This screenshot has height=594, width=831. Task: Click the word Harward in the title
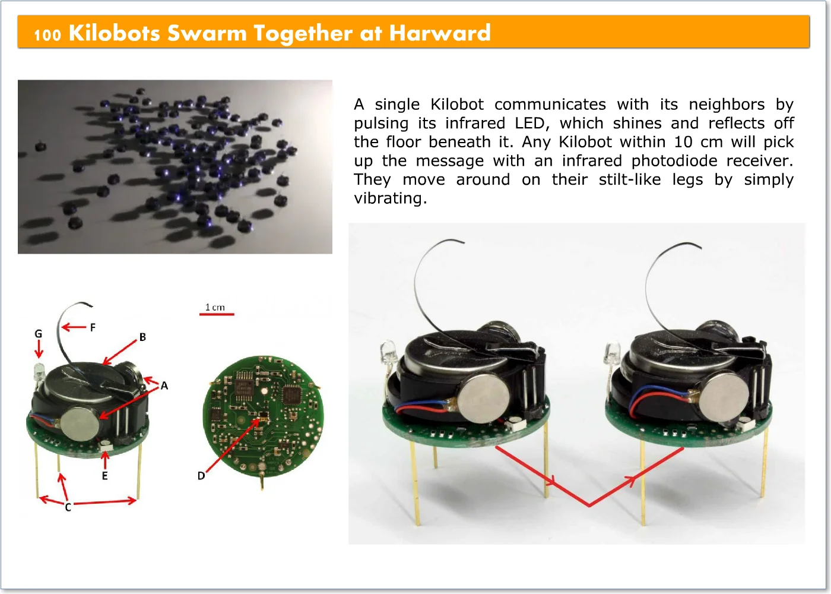440,33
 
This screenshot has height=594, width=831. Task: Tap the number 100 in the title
47,35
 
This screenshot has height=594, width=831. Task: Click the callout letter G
38,334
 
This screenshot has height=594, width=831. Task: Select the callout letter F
93,327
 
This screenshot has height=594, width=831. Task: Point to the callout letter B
142,337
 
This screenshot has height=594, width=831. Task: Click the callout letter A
164,386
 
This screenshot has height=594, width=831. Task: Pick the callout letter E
105,476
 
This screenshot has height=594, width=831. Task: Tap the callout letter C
68,507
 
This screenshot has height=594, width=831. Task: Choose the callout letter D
201,476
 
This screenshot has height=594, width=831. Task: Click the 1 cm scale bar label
215,308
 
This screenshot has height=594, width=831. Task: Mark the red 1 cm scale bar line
217,314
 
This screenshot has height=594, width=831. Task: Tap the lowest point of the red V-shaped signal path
589,505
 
